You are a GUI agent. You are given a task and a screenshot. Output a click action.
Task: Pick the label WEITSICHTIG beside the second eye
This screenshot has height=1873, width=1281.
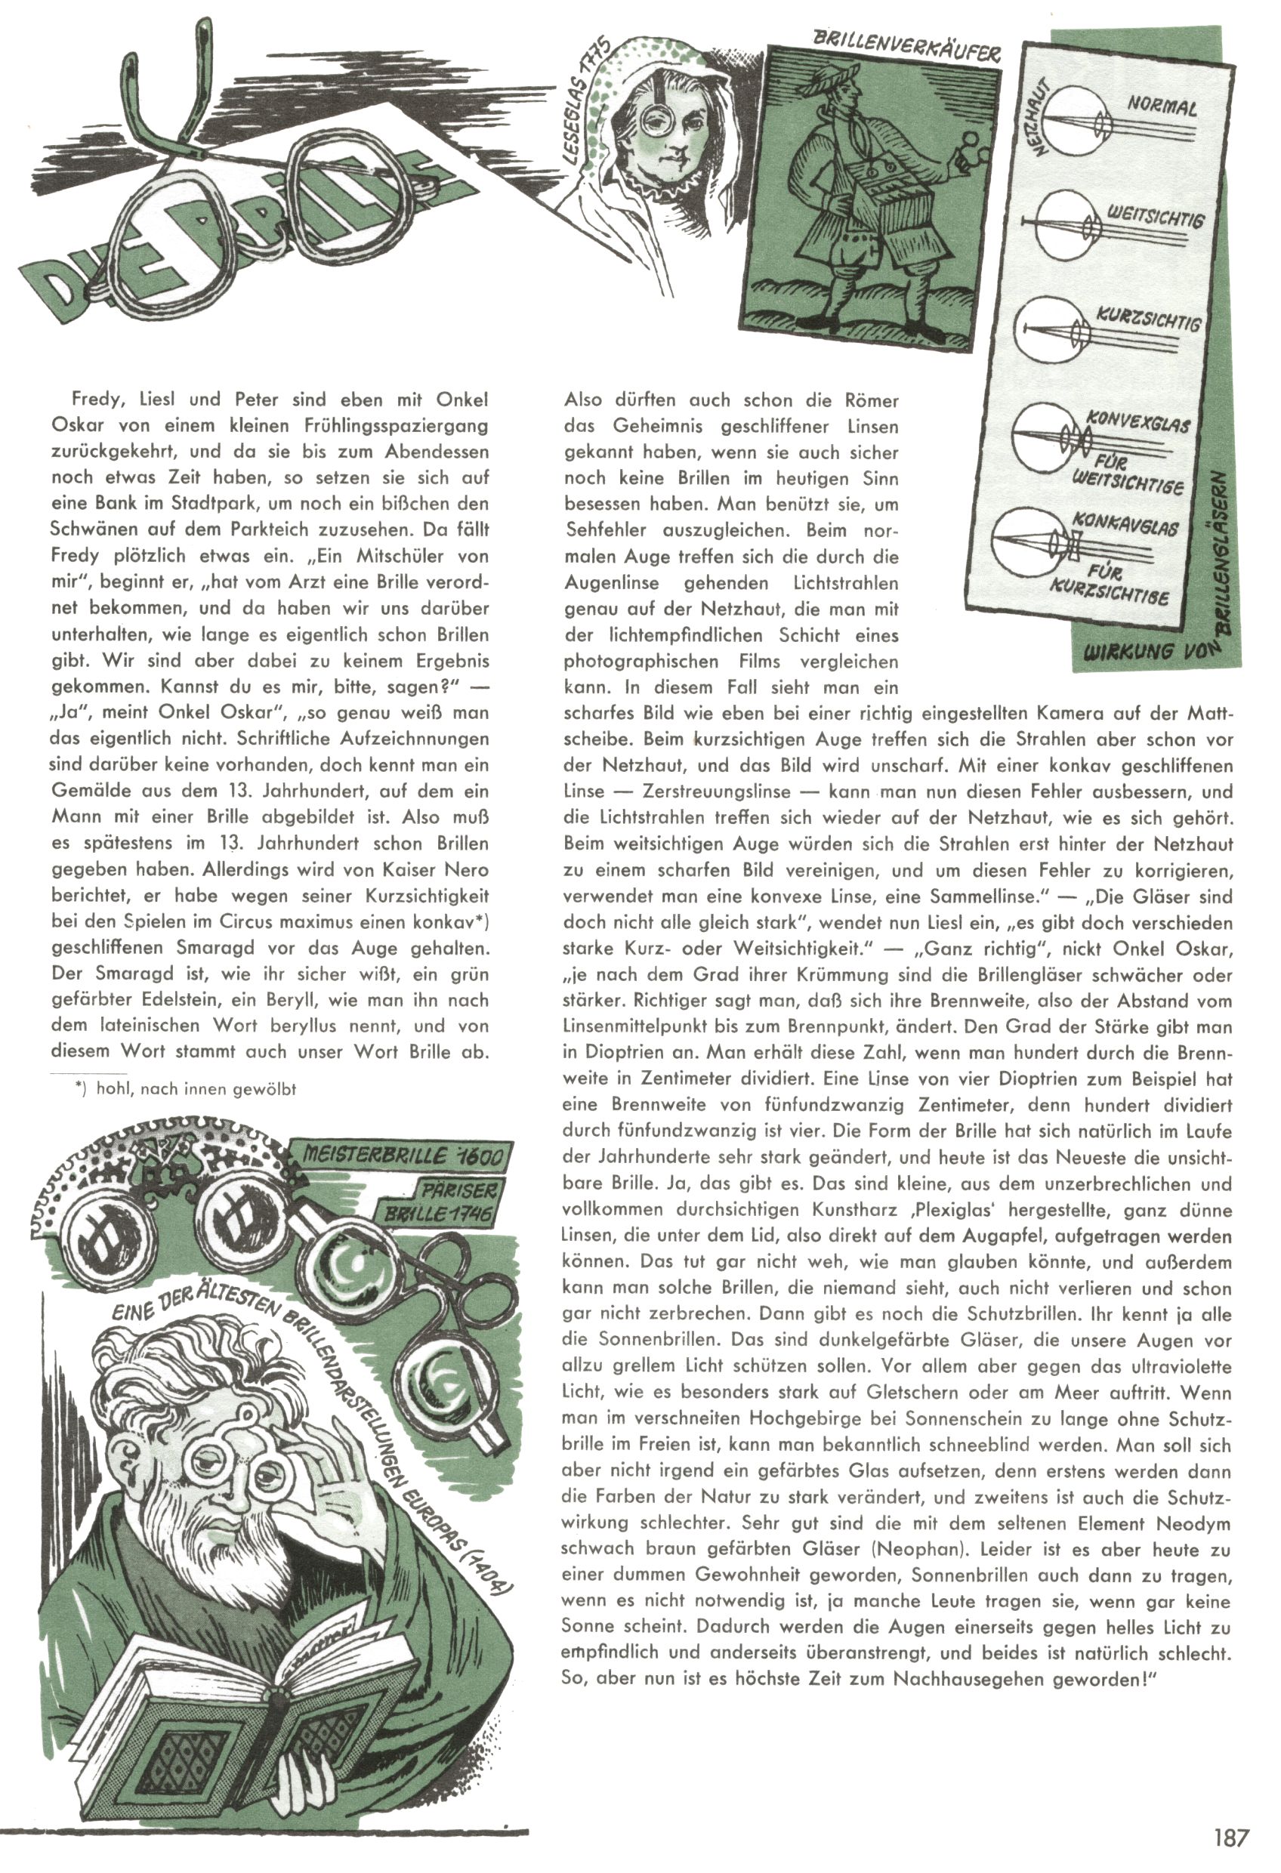pos(1154,215)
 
